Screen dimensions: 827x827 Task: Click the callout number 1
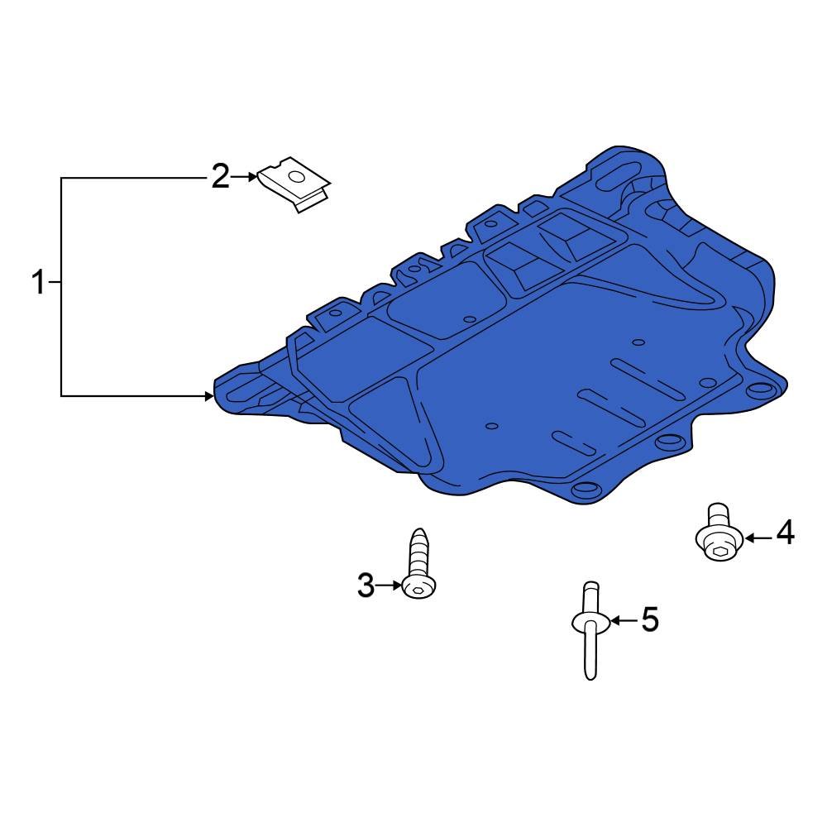point(38,283)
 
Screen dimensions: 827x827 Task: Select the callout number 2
point(219,176)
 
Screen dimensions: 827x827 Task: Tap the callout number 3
point(366,586)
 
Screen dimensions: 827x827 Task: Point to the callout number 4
point(785,533)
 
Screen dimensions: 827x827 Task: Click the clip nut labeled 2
point(294,185)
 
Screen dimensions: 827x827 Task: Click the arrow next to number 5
point(624,619)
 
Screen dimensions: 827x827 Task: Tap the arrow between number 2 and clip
point(245,176)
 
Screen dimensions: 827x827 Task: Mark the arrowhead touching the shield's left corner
point(209,397)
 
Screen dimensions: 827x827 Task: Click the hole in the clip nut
point(294,175)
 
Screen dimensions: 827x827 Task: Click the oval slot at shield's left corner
point(245,385)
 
